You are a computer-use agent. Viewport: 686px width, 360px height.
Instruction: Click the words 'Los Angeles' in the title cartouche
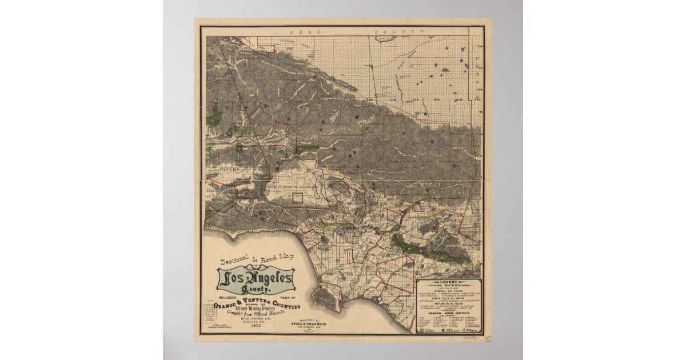256,279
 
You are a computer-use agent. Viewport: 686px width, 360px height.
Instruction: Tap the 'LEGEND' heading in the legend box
449,282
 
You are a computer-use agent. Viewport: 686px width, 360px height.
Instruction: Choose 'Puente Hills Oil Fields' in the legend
449,297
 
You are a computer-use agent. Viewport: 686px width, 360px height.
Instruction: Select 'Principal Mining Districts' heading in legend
449,312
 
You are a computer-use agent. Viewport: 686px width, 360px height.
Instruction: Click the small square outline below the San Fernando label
297,198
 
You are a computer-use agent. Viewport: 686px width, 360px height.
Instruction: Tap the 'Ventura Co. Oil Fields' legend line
449,304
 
